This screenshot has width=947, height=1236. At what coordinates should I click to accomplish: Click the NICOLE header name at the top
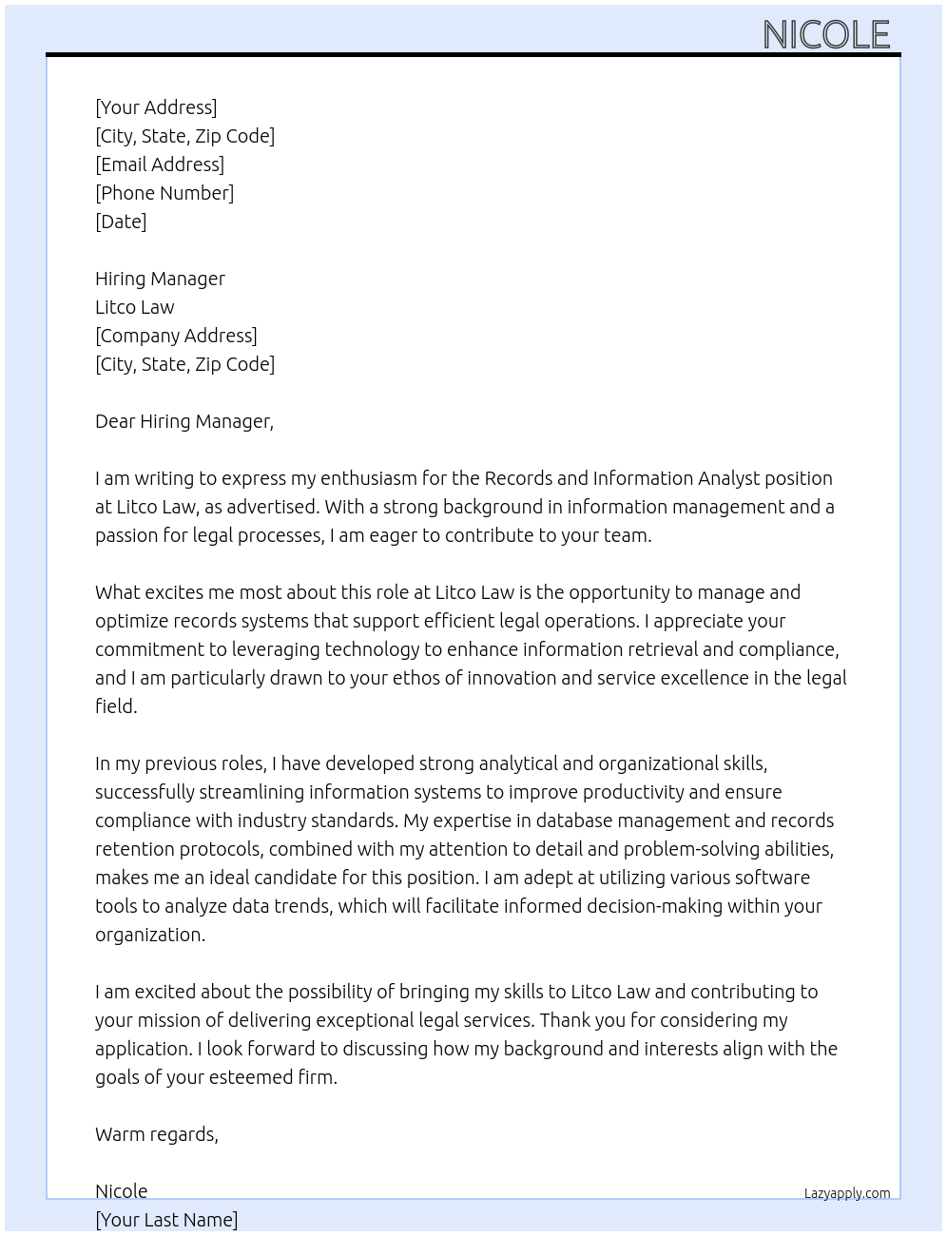point(825,35)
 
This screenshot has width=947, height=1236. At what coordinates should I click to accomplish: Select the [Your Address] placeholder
point(156,107)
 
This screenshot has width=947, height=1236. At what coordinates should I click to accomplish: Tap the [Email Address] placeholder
point(160,164)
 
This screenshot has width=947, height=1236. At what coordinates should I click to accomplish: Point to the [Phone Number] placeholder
point(164,193)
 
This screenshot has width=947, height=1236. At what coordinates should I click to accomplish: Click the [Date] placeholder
point(121,222)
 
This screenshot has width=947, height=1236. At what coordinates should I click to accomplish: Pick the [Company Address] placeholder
point(176,336)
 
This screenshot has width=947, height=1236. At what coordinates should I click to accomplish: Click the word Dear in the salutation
point(115,421)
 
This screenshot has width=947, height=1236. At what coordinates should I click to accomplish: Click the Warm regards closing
point(157,1134)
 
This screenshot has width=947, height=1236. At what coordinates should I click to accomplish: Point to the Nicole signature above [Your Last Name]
point(122,1191)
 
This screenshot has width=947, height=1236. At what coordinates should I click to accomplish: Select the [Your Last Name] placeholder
point(166,1220)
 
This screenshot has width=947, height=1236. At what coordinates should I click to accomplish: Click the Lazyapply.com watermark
point(847,1193)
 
